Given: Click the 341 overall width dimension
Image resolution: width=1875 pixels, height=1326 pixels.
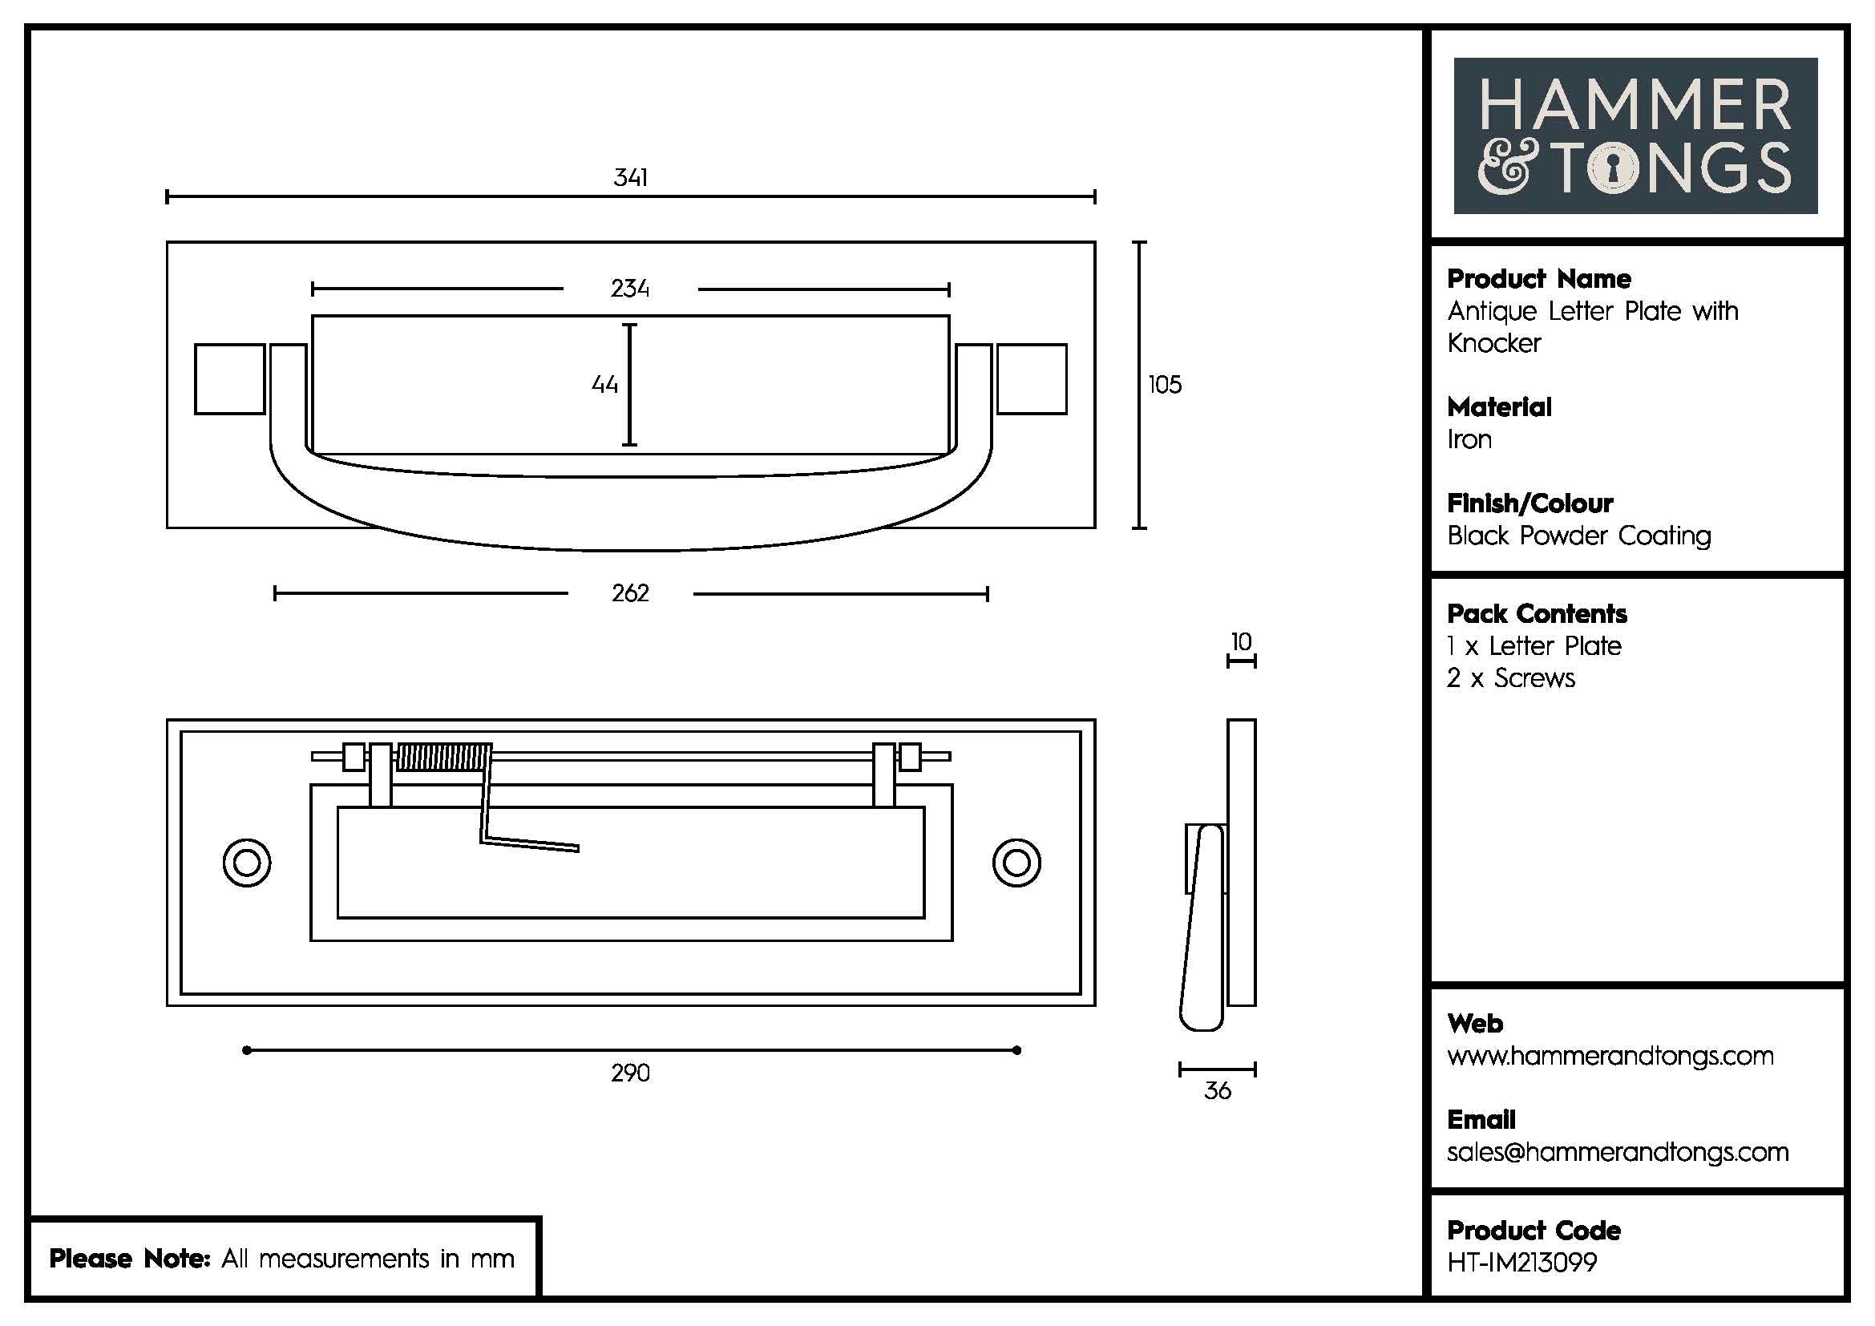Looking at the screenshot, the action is click(630, 177).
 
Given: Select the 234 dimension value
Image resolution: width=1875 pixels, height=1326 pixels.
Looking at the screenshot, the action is click(629, 289).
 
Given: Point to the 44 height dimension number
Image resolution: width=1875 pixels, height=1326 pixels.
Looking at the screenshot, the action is click(604, 385).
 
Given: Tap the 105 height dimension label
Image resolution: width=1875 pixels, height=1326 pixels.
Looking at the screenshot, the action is click(1165, 385).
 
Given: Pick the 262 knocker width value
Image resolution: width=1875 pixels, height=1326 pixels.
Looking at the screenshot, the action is click(629, 592).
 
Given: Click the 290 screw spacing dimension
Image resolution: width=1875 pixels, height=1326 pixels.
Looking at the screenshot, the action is click(629, 1073).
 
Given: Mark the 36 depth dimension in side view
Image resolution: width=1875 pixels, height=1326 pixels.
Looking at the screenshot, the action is click(1217, 1091).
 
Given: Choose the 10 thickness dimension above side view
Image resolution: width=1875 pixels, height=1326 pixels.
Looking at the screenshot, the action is click(1241, 642).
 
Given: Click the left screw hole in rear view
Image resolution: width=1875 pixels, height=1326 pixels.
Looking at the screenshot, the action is click(247, 863).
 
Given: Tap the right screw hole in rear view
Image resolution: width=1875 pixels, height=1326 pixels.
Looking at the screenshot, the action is click(1016, 863).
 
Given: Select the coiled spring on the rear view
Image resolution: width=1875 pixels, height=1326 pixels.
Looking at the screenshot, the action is click(445, 758).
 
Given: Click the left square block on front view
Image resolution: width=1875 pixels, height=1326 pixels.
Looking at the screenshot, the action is click(229, 379).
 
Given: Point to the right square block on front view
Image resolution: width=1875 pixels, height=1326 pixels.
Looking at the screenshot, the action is click(1032, 379).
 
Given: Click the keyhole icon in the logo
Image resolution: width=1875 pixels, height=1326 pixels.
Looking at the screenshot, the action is click(1613, 169).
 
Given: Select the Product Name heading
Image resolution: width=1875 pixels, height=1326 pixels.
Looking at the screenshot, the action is click(1538, 279).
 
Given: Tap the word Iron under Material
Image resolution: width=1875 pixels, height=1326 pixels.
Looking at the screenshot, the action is click(1469, 440).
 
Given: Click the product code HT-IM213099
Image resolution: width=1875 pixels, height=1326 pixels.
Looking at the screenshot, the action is click(1522, 1263).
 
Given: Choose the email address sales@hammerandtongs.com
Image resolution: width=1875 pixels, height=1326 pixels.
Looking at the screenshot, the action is click(1618, 1152).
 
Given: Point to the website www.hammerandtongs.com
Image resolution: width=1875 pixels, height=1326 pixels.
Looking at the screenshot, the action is click(1610, 1056).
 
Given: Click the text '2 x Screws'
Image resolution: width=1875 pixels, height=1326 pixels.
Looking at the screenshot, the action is click(1511, 678).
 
